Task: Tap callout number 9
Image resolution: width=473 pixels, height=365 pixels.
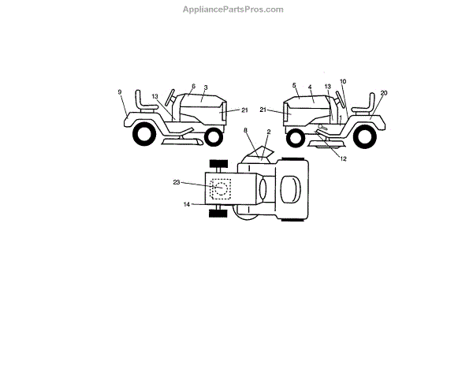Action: [121, 92]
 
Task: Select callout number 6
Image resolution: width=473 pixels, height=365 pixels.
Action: [193, 86]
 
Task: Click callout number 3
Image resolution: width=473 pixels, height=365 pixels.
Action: [206, 88]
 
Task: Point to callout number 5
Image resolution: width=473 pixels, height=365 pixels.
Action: [293, 85]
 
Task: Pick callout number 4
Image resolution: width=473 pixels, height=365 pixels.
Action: [311, 88]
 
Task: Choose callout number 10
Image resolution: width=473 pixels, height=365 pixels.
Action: [343, 81]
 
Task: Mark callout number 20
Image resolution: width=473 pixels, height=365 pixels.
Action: [384, 93]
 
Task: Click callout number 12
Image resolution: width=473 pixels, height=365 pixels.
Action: [344, 159]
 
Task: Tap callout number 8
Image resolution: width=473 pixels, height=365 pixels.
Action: [245, 128]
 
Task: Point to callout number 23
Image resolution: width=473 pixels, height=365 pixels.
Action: [177, 182]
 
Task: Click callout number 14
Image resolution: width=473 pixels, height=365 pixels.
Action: [187, 205]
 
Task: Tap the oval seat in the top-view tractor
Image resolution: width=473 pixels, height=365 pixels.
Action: [289, 189]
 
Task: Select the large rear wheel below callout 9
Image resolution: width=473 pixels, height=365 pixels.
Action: [144, 136]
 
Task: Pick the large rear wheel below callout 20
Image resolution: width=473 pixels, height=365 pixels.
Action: [364, 136]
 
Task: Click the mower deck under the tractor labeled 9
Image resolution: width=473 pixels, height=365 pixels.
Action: [180, 143]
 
